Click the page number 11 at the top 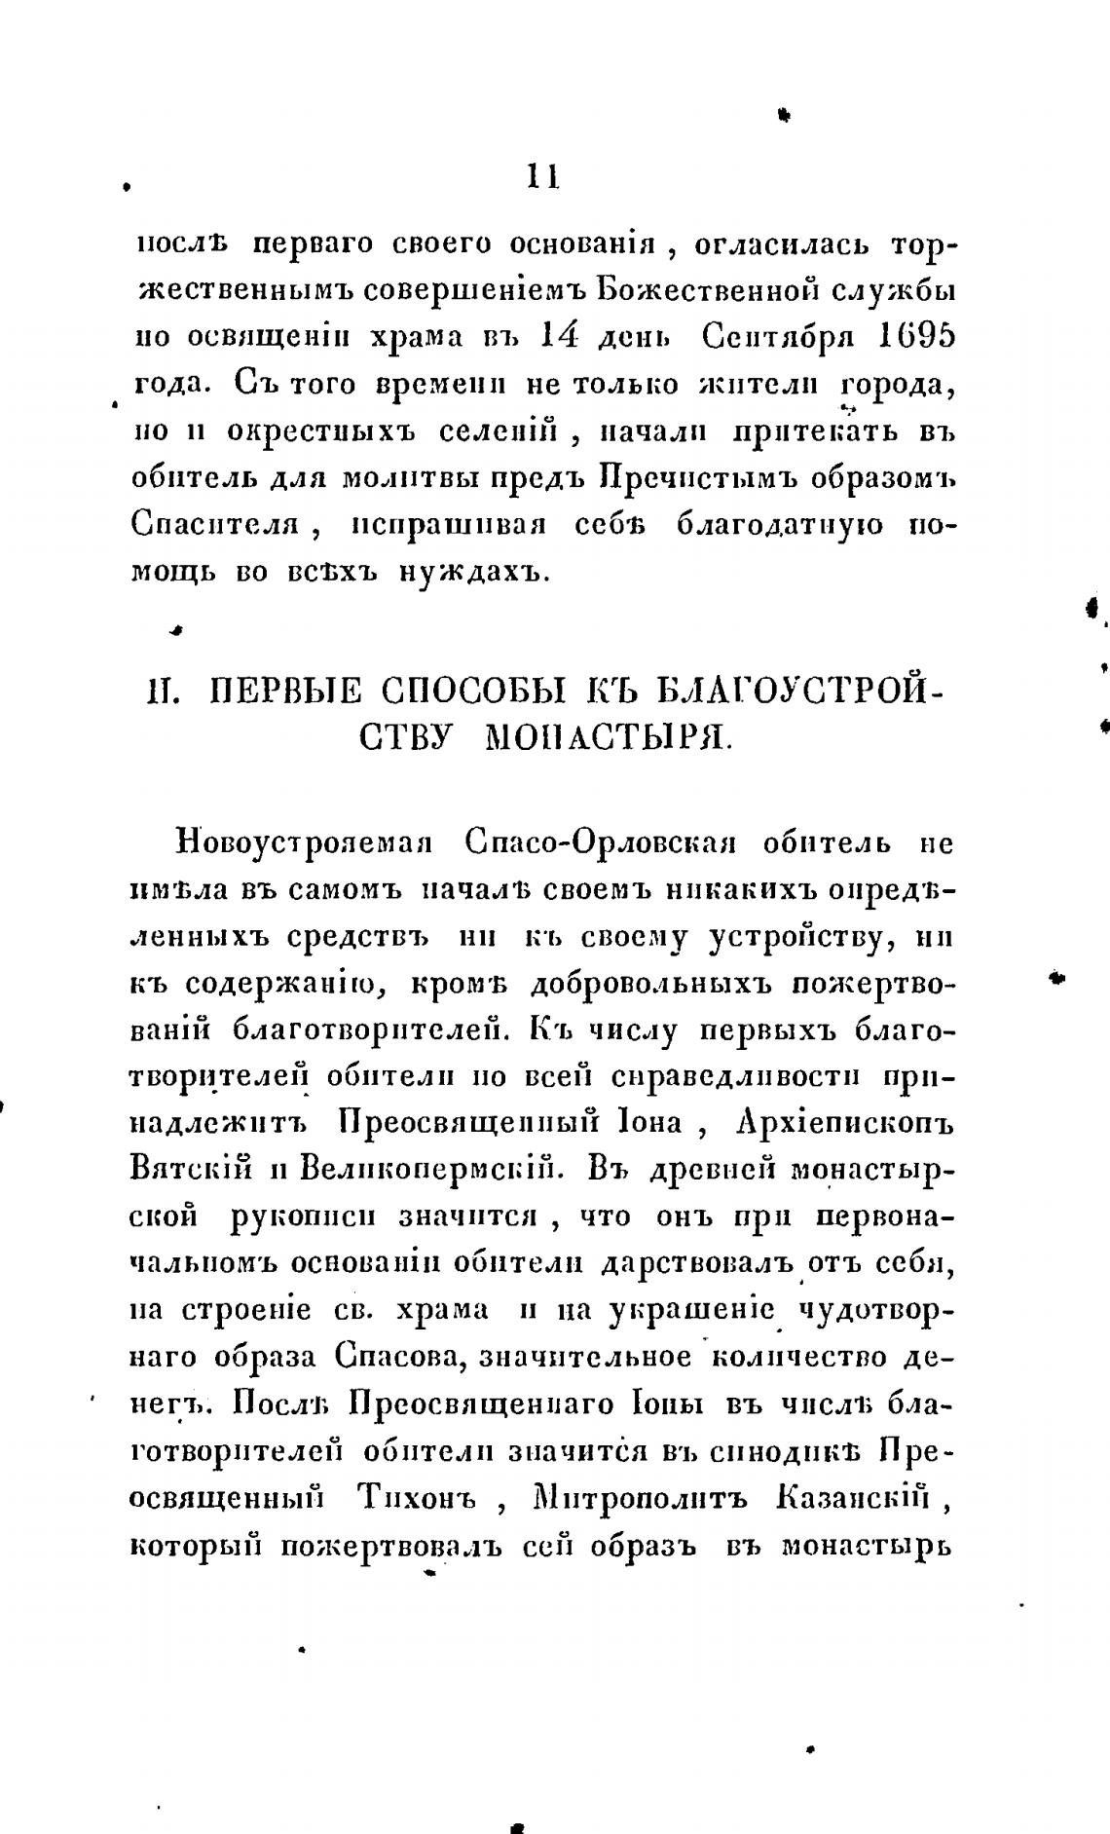point(541,178)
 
